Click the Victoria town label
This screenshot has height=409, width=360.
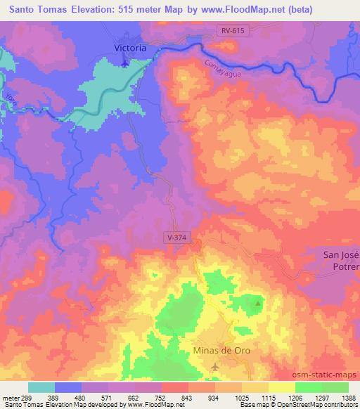click(130, 48)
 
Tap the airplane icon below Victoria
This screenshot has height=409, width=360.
click(126, 63)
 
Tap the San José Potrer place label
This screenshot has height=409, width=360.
click(340, 261)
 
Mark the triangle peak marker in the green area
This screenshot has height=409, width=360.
click(257, 304)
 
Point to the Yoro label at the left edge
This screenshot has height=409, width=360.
click(10, 96)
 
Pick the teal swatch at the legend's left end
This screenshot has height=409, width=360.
click(42, 387)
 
